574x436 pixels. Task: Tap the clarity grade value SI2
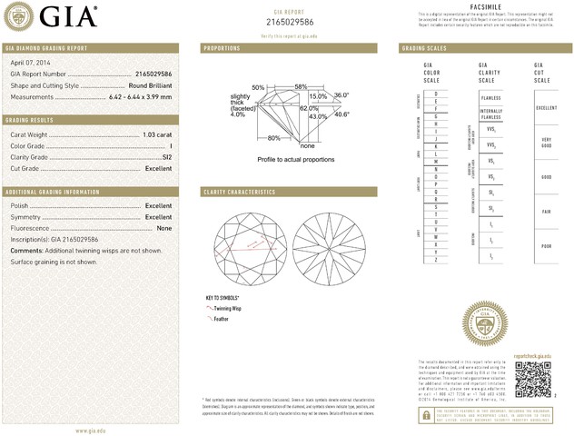coord(165,157)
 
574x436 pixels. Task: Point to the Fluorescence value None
coord(164,228)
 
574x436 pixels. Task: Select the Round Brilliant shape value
coord(150,84)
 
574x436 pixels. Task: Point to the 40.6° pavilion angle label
coord(341,114)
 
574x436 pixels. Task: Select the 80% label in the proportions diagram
coord(273,138)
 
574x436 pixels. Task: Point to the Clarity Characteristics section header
coord(237,192)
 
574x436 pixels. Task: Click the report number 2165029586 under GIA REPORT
coord(288,20)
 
